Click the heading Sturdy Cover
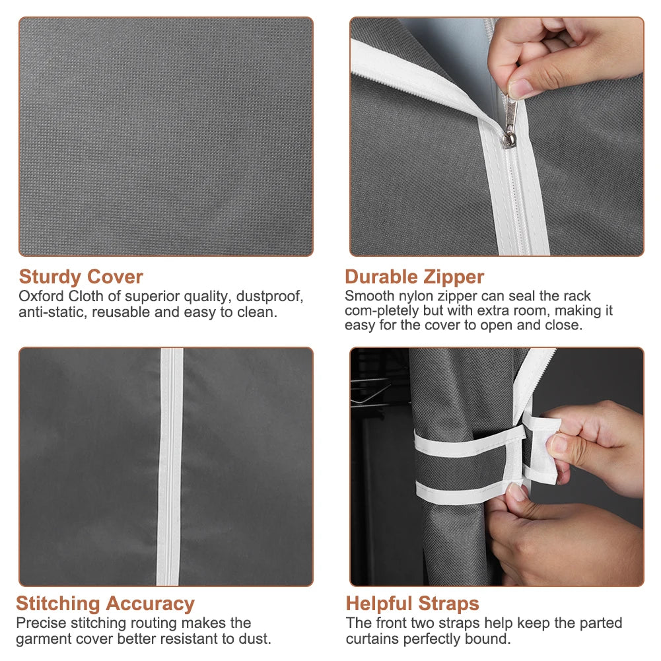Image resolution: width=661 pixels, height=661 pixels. pyautogui.click(x=81, y=277)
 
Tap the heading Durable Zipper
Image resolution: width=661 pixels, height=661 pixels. pyautogui.click(x=415, y=277)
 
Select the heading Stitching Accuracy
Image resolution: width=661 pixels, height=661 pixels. pyautogui.click(x=106, y=604)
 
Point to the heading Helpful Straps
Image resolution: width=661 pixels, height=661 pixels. pyautogui.click(x=412, y=604)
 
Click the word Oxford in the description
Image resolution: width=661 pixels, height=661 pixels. pyautogui.click(x=42, y=296)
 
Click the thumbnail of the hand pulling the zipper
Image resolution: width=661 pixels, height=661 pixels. pyautogui.click(x=497, y=137)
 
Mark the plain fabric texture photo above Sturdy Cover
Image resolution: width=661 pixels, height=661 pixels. pyautogui.click(x=166, y=137)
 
